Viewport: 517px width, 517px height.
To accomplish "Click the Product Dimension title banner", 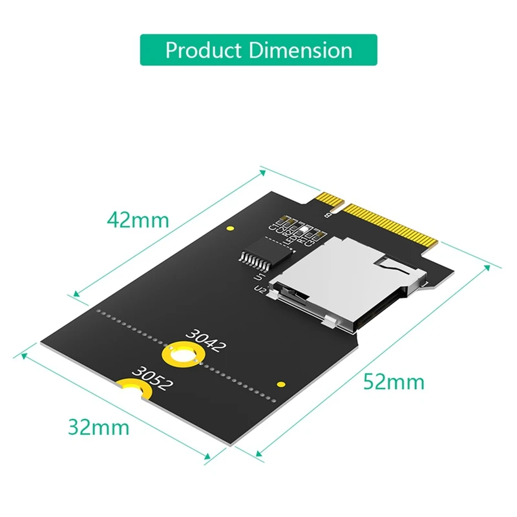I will click(x=258, y=50).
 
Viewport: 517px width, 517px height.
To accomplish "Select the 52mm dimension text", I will click(x=394, y=381).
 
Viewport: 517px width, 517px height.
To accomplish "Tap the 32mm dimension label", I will click(x=98, y=427).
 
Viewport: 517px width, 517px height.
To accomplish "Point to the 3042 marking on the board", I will click(x=206, y=341).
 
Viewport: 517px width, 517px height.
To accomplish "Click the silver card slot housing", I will click(x=343, y=278).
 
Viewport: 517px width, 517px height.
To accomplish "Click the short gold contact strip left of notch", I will click(x=322, y=198).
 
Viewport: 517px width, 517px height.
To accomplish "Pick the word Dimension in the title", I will click(x=300, y=50).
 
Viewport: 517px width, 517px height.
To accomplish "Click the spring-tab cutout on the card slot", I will click(x=388, y=263).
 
